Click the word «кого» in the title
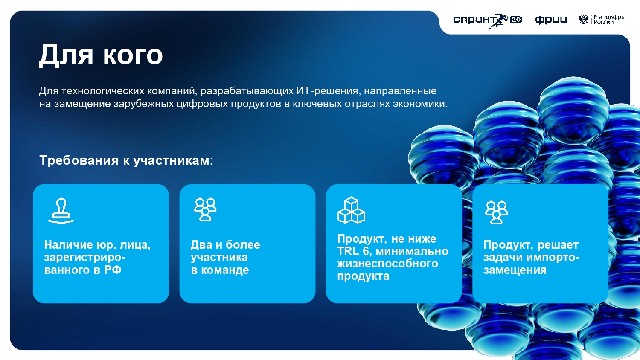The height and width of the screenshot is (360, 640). pyautogui.click(x=133, y=55)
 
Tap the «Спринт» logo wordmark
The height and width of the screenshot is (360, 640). pyautogui.click(x=475, y=20)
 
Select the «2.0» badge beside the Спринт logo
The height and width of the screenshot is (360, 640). pyautogui.click(x=516, y=20)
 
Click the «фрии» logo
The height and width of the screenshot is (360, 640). pyautogui.click(x=551, y=20)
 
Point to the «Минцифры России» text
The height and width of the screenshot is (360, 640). pyautogui.click(x=609, y=20)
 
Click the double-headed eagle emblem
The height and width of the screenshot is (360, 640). pyautogui.click(x=583, y=20)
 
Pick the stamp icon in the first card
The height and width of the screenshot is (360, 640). pyautogui.click(x=61, y=211)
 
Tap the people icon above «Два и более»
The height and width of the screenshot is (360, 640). pyautogui.click(x=205, y=209)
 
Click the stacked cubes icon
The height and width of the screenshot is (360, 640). pyautogui.click(x=351, y=210)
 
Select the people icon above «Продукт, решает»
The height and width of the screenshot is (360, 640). pyautogui.click(x=496, y=212)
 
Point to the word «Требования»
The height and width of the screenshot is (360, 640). pyautogui.click(x=79, y=160)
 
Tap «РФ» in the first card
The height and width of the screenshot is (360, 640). pyautogui.click(x=113, y=270)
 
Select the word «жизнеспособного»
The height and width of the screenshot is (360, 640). pyautogui.click(x=387, y=264)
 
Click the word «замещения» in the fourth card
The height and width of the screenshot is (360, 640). pyautogui.click(x=515, y=270)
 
